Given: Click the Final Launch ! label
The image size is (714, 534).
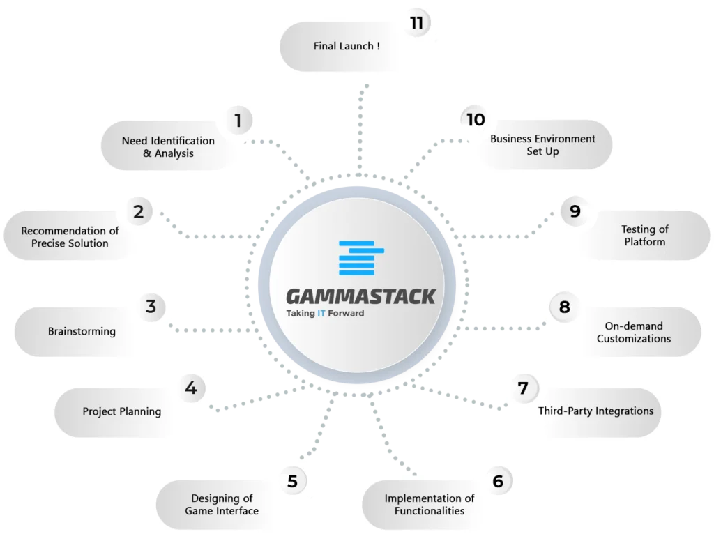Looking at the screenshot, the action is [347, 46].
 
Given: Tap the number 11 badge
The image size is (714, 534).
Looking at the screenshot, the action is [417, 23].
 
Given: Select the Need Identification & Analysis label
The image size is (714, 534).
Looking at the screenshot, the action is [168, 147].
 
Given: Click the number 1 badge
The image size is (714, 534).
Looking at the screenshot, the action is [238, 121].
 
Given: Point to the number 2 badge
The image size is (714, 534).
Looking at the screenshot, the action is [139, 212].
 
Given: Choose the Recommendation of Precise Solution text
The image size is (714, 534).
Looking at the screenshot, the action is [70, 237].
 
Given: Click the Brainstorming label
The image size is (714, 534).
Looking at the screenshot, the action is [82, 331].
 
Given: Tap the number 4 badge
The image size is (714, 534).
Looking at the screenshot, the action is [191, 388].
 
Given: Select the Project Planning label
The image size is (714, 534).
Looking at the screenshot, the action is [121, 411].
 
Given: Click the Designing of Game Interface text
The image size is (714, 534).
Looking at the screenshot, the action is [222, 505].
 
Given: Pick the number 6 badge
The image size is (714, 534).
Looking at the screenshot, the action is [498, 481].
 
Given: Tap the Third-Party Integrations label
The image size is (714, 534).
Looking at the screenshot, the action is [595, 411].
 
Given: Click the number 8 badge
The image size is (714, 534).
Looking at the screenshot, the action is [565, 307].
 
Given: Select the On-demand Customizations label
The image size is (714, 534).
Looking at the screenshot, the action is [634, 333].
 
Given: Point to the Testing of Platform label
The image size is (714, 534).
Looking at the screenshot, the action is [645, 236].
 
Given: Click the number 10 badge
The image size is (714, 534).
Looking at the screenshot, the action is [476, 120].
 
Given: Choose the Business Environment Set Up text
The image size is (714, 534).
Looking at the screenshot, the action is [542, 145].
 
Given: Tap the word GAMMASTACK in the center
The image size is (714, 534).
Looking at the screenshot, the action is [361, 297].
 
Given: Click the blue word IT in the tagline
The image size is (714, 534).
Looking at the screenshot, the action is [321, 313].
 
